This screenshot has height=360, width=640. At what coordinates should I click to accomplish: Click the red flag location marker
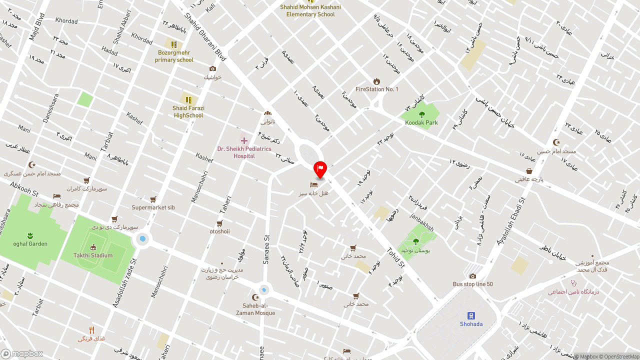pyautogui.click(x=320, y=169)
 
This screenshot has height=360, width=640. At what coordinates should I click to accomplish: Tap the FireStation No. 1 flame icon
pyautogui.click(x=376, y=81)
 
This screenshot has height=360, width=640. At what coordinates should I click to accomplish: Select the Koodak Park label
pyautogui.click(x=421, y=122)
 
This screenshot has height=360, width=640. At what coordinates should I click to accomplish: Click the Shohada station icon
pyautogui.click(x=471, y=315)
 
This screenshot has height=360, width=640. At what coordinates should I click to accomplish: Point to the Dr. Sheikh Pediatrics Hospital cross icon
pyautogui.click(x=244, y=140)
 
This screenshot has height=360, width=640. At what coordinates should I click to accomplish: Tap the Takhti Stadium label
pyautogui.click(x=93, y=255)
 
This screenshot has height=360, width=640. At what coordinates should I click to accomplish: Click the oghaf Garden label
pyautogui.click(x=30, y=244)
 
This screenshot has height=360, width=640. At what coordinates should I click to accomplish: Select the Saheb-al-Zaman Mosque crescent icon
pyautogui.click(x=255, y=297)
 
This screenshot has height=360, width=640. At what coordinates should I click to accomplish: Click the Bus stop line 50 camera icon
pyautogui.click(x=472, y=276)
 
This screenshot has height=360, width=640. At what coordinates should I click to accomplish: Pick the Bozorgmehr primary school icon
pyautogui.click(x=174, y=44)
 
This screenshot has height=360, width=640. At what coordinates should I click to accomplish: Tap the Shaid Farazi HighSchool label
pyautogui.click(x=188, y=111)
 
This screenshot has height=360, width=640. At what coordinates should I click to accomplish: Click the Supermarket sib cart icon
pyautogui.click(x=153, y=199)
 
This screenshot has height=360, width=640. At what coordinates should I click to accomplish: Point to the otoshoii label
pyautogui.click(x=219, y=231)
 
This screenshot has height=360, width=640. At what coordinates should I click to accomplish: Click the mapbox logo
pyautogui.click(x=22, y=353)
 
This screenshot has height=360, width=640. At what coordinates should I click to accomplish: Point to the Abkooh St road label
pyautogui.click(x=24, y=188)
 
